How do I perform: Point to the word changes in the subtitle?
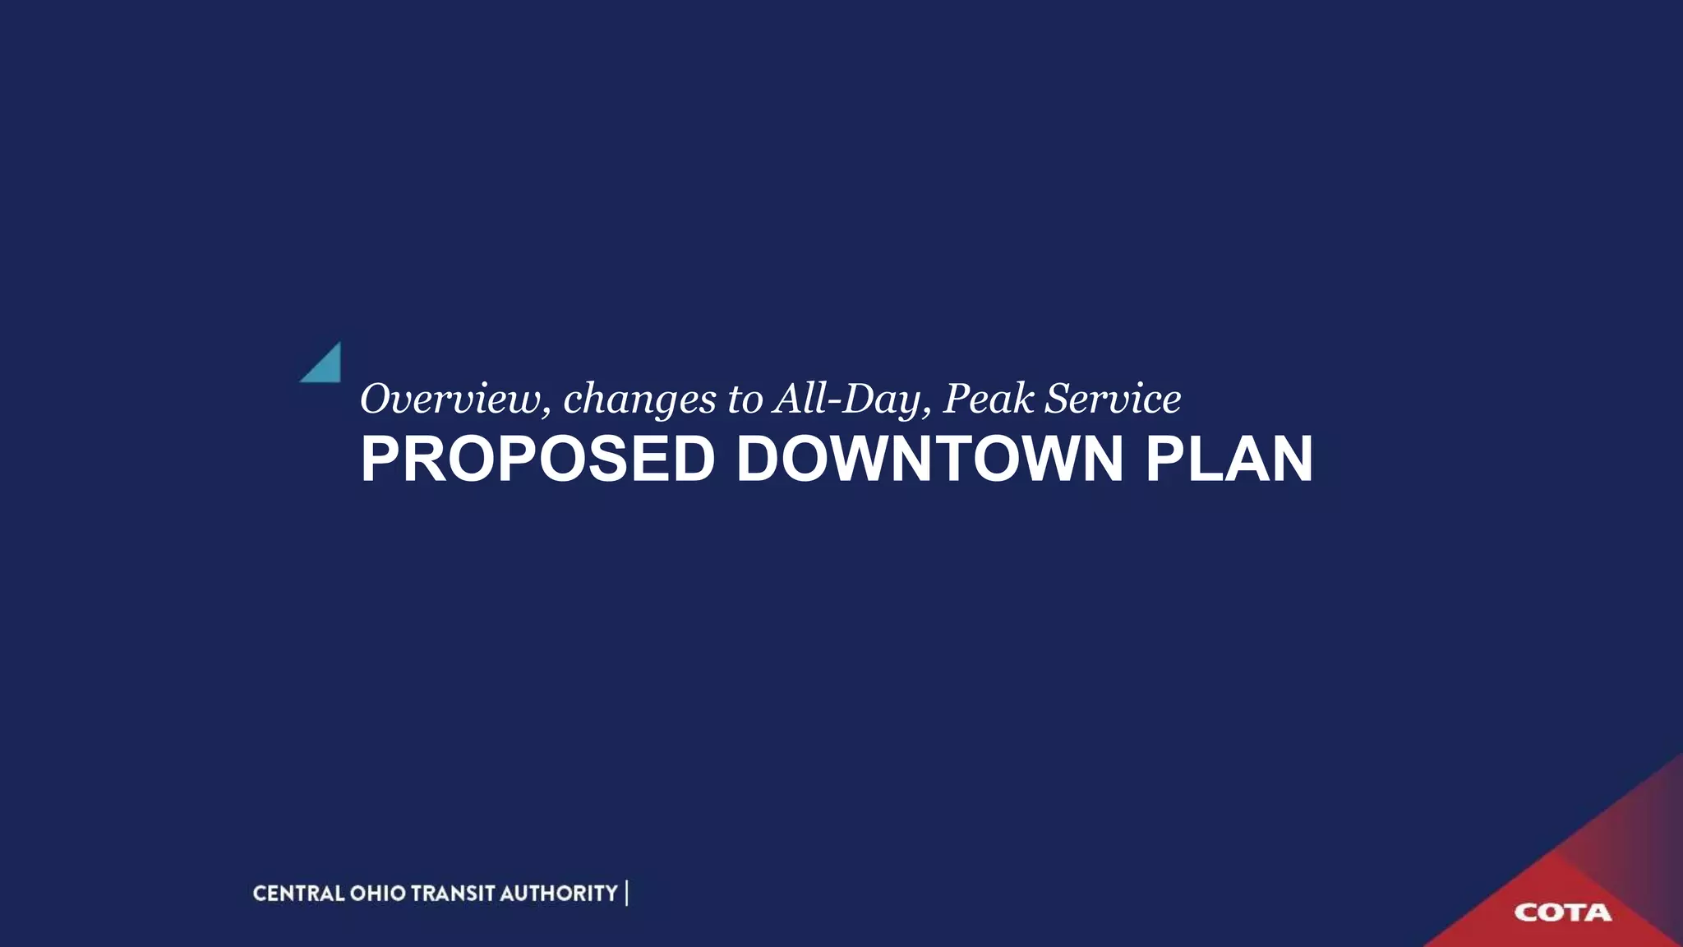[x=639, y=400]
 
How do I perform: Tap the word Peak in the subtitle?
[x=988, y=399]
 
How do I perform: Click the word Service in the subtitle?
[x=1113, y=399]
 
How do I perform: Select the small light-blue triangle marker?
[x=325, y=367]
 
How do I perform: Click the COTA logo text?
[x=1562, y=912]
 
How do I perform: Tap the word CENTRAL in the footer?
[x=298, y=894]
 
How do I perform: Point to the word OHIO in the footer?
[x=378, y=894]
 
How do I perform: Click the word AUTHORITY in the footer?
[x=558, y=894]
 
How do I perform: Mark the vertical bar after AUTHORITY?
[x=627, y=894]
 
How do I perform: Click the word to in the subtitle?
[x=745, y=400]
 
